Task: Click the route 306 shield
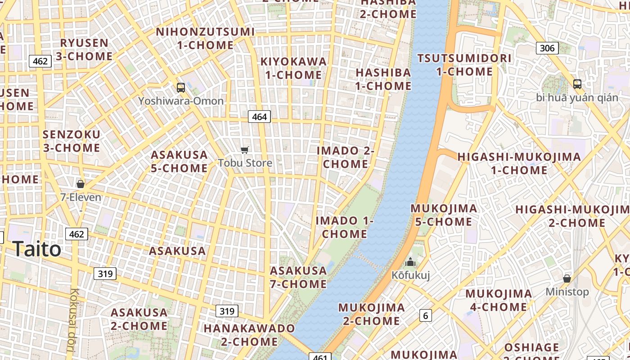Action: (x=547, y=48)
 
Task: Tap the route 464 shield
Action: (x=259, y=117)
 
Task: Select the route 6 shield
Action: (x=425, y=315)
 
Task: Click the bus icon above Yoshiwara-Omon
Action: (x=180, y=88)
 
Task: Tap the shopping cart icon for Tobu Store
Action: (x=245, y=150)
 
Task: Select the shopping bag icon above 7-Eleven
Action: (x=81, y=184)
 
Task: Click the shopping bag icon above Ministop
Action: (x=567, y=279)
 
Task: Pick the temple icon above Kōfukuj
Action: (x=410, y=262)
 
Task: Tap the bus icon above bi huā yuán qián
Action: (x=577, y=84)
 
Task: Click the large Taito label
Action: (x=37, y=249)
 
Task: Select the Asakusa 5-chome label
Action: (x=179, y=162)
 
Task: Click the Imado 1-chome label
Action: (x=344, y=227)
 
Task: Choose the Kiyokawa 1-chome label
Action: (x=293, y=68)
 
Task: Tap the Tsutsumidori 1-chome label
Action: (x=464, y=65)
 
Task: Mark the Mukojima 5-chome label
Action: (x=444, y=215)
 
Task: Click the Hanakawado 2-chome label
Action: (x=249, y=335)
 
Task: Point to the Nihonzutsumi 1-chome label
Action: (x=205, y=38)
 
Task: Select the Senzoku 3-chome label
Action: (x=71, y=141)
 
